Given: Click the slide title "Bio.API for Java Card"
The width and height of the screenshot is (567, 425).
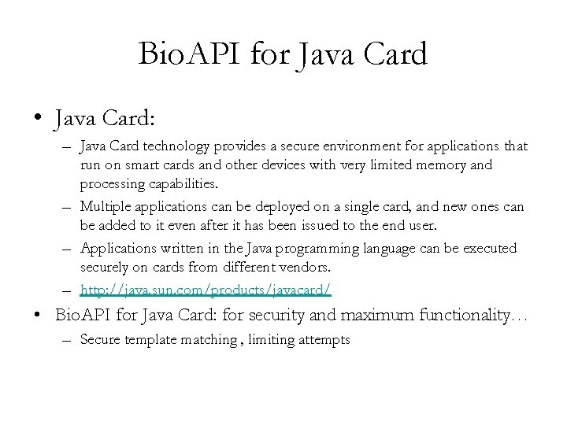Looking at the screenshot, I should click(283, 54).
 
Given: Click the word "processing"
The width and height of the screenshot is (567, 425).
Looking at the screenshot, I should click(110, 183).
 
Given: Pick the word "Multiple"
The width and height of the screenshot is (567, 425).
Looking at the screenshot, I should click(105, 205).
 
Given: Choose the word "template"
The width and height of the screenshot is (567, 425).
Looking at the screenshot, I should click(147, 340).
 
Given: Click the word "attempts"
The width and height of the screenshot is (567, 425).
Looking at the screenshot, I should click(323, 340).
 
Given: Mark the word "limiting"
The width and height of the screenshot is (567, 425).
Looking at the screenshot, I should click(268, 340).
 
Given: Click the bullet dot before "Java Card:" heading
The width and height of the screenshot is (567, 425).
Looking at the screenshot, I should click(37, 120).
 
